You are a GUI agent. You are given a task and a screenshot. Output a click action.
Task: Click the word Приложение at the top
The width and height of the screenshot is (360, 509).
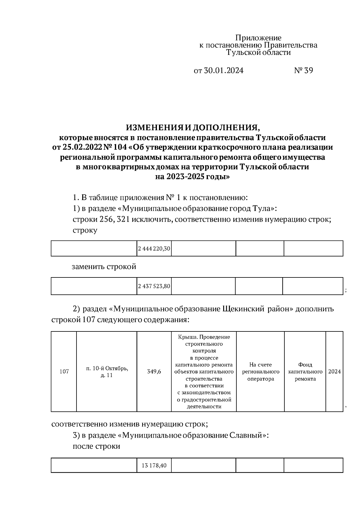point(258,38)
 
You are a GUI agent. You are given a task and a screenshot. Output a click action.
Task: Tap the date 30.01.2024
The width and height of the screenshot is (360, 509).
point(223,71)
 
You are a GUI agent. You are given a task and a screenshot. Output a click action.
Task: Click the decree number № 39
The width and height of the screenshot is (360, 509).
point(303,71)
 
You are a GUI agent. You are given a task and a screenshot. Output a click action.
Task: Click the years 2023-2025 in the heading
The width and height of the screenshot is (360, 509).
point(184,177)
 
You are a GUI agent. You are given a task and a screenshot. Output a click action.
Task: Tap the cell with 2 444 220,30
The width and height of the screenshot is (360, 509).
point(154,249)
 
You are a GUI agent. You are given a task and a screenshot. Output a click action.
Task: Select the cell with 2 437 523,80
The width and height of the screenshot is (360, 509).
point(154,286)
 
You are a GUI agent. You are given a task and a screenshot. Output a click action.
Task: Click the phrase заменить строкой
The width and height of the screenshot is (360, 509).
point(104,267)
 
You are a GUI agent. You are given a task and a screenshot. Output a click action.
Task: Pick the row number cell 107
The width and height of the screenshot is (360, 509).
point(64,372)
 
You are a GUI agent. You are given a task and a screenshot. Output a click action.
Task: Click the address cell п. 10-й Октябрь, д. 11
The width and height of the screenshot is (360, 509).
point(107,372)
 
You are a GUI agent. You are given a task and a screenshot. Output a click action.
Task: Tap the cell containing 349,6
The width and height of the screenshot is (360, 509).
point(154,372)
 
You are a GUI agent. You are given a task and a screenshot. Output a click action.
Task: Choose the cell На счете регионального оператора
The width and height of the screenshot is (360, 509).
point(260,372)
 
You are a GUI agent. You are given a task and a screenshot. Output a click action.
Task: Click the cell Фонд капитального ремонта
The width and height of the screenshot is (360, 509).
point(305,372)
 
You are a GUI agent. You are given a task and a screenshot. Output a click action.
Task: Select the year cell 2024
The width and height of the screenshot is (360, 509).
point(334,372)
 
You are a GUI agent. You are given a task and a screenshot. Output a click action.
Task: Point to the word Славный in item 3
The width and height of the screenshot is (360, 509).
point(247,435)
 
